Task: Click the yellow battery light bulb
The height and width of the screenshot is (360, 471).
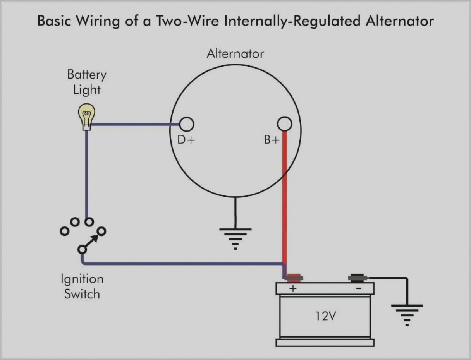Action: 87,113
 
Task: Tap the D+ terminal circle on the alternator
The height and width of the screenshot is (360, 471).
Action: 186,124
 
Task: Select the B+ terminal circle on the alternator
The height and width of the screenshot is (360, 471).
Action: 285,124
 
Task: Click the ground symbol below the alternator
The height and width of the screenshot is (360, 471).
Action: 235,237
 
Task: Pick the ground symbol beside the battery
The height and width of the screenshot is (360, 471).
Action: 407,314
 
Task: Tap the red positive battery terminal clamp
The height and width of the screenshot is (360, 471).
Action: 293,277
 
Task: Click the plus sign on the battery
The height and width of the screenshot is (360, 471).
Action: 293,288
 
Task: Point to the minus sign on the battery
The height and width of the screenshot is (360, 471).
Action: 358,288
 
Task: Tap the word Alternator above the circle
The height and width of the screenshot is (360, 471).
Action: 235,53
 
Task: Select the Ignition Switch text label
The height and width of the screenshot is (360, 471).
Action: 82,286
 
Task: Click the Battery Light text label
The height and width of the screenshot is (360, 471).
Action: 87,82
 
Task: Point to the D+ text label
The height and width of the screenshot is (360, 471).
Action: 186,140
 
